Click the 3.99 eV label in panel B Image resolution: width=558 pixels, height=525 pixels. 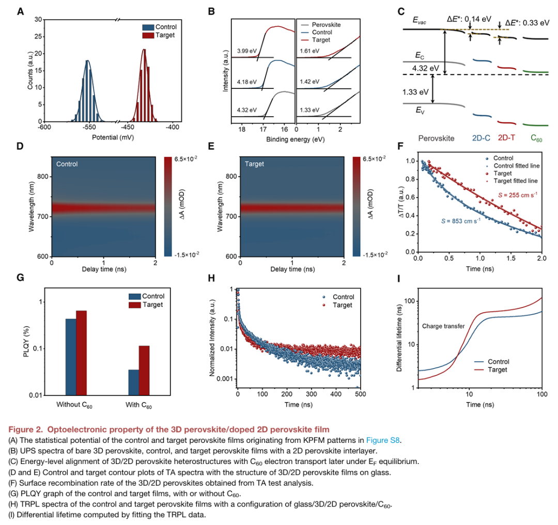click(x=246, y=52)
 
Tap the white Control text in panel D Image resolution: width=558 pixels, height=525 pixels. click(x=68, y=164)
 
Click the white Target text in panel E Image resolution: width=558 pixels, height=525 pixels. click(x=254, y=164)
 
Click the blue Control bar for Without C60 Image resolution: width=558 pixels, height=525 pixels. click(x=71, y=357)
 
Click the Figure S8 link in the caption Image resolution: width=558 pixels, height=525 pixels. click(x=383, y=440)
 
